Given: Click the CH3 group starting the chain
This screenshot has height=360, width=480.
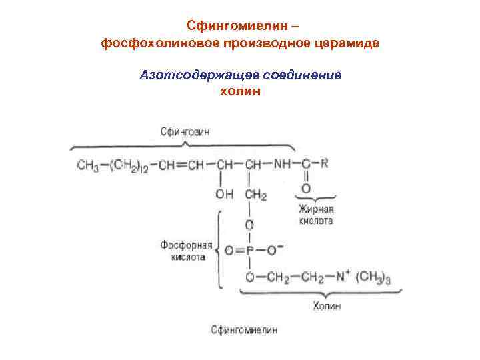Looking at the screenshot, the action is [x=88, y=165].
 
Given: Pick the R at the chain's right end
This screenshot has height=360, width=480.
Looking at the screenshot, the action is [x=325, y=164].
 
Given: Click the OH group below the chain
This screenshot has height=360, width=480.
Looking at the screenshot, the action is [x=224, y=195].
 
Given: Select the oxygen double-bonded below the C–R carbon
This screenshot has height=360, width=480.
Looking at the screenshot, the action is [x=306, y=189].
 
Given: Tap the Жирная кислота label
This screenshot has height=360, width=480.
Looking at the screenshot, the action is [x=315, y=215].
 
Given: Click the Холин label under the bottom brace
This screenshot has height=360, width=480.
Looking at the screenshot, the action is [x=327, y=306].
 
